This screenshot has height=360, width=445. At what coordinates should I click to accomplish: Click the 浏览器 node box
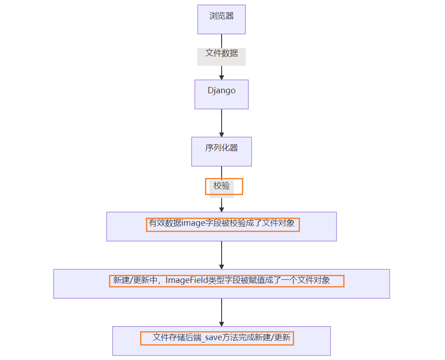coord(221,19)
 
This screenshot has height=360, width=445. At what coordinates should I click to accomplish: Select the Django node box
coord(221,94)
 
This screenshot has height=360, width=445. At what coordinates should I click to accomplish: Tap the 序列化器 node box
coord(221,151)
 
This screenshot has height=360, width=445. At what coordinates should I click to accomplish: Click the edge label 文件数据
coord(221,54)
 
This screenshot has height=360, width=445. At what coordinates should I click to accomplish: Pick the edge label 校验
coord(222,186)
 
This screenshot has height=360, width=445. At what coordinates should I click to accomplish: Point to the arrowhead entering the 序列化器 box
coord(221,133)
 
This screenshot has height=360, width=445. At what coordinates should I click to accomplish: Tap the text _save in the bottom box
coord(210,337)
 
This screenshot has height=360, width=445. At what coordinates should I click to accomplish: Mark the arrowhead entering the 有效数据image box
coord(221,208)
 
